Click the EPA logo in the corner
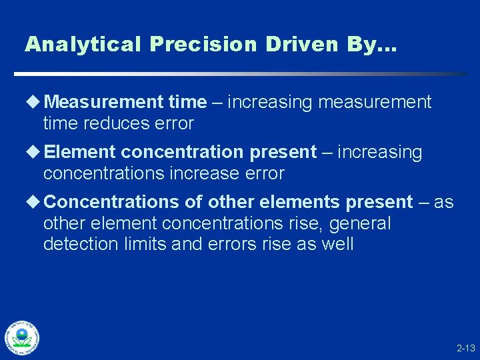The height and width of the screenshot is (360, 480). point(22,337)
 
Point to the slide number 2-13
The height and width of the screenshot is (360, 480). point(465,348)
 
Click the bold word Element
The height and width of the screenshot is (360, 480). point(79,153)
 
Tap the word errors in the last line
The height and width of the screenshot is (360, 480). point(227,245)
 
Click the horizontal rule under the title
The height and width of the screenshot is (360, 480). point(240,74)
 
